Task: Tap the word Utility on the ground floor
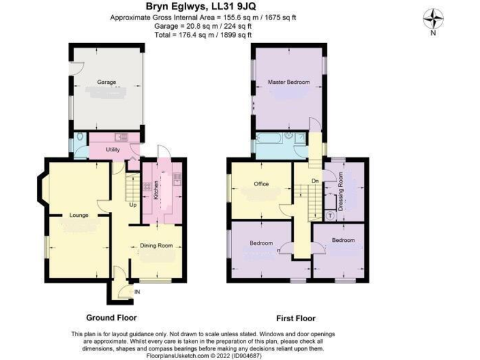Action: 112,150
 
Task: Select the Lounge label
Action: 79,215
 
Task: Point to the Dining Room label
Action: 156,246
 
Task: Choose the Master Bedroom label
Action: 289,82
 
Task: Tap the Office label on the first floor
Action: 261,184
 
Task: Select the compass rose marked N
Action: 432,21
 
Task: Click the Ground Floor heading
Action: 111,317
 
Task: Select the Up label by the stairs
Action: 132,204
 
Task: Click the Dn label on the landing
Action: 316,182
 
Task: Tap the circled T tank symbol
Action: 330,216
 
